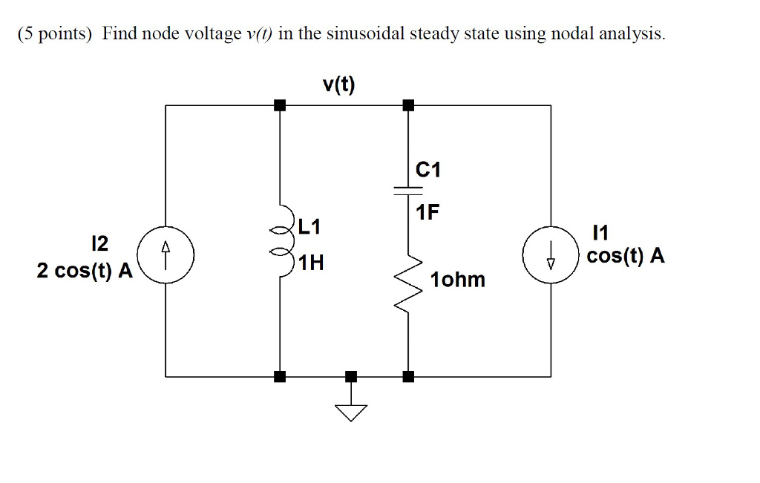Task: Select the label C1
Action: [428, 170]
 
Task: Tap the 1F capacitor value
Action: [427, 214]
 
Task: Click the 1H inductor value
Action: [309, 263]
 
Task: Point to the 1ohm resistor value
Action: [457, 280]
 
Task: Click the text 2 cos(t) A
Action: [85, 272]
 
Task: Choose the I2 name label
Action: [98, 243]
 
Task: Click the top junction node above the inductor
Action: [279, 105]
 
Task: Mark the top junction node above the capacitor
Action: [407, 105]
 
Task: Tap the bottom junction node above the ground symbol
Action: [351, 376]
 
